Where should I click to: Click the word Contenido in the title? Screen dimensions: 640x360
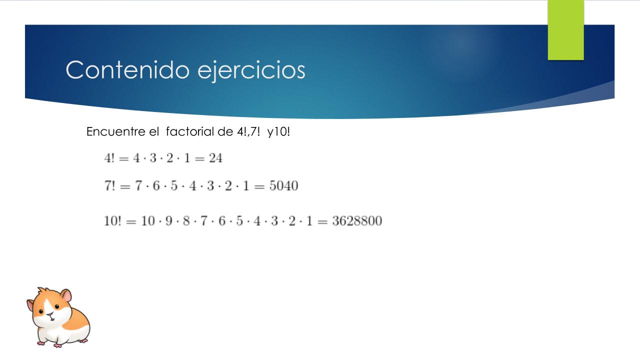pos(127,69)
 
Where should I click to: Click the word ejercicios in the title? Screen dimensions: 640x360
pos(251,70)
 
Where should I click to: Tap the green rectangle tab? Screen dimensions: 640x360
pos(565,30)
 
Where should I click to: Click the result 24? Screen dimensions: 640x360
pos(215,158)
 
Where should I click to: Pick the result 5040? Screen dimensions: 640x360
pos(283,185)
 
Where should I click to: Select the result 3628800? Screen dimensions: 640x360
pos(357,221)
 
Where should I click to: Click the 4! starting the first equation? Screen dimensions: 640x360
pos(109,158)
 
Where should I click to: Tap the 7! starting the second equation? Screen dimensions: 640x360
pos(110,185)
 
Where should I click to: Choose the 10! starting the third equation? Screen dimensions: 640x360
pos(112,221)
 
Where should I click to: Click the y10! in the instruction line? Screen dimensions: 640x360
pos(278,132)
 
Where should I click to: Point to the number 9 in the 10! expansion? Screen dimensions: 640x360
pos(169,221)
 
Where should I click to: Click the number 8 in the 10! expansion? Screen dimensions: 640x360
pos(186,221)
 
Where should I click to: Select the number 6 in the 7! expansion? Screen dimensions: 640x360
pos(156,185)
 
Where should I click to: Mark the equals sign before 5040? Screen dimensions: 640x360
pos(259,187)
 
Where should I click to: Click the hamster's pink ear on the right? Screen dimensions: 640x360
pos(67,296)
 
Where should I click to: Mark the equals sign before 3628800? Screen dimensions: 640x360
pos(322,221)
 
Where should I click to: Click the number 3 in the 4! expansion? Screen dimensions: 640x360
pos(153,158)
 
